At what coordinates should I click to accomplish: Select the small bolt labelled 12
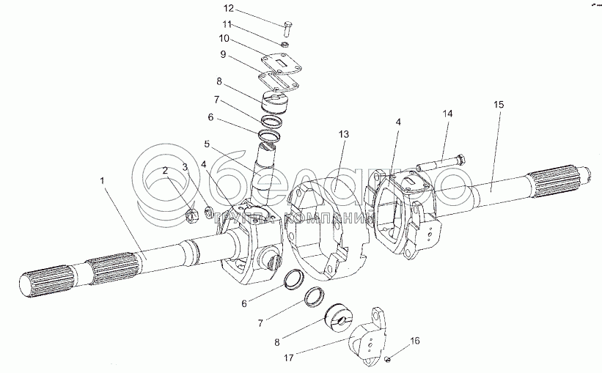tap(287, 30)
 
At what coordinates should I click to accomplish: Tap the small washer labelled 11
tap(285, 44)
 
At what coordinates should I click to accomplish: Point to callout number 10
tap(224, 38)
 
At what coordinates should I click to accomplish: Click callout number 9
tap(223, 54)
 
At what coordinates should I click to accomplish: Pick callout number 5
tap(207, 144)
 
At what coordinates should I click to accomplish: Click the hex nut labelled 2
tap(191, 216)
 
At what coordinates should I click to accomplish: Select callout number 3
tap(186, 167)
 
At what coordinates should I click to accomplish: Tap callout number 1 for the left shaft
tap(102, 180)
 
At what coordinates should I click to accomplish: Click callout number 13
tap(344, 134)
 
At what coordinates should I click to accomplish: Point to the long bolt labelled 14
tap(442, 163)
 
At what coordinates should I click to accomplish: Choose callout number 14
tap(447, 113)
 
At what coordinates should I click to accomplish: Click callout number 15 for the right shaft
tap(499, 104)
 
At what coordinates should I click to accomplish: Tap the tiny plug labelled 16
tap(388, 359)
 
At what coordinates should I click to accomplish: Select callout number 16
tap(414, 341)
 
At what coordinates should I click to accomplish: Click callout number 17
tap(289, 358)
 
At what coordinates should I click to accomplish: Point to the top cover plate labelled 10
tap(281, 66)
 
